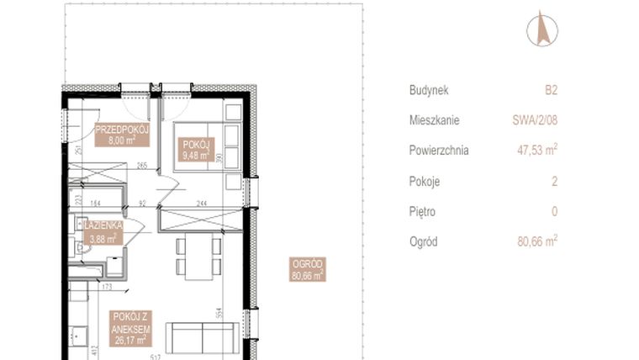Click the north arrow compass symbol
click(x=542, y=29)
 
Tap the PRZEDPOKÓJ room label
click(x=122, y=135)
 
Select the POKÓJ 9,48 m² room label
click(x=195, y=149)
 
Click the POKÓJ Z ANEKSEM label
click(x=129, y=327)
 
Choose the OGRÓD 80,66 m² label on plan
click(x=307, y=268)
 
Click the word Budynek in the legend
click(x=430, y=89)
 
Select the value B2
click(x=551, y=89)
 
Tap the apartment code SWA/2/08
click(x=535, y=120)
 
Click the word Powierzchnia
click(x=439, y=151)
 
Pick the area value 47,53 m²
click(x=536, y=151)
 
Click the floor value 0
click(x=554, y=211)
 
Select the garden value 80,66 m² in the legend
click(x=537, y=241)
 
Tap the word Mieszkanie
click(x=435, y=120)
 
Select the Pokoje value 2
click(x=554, y=181)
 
